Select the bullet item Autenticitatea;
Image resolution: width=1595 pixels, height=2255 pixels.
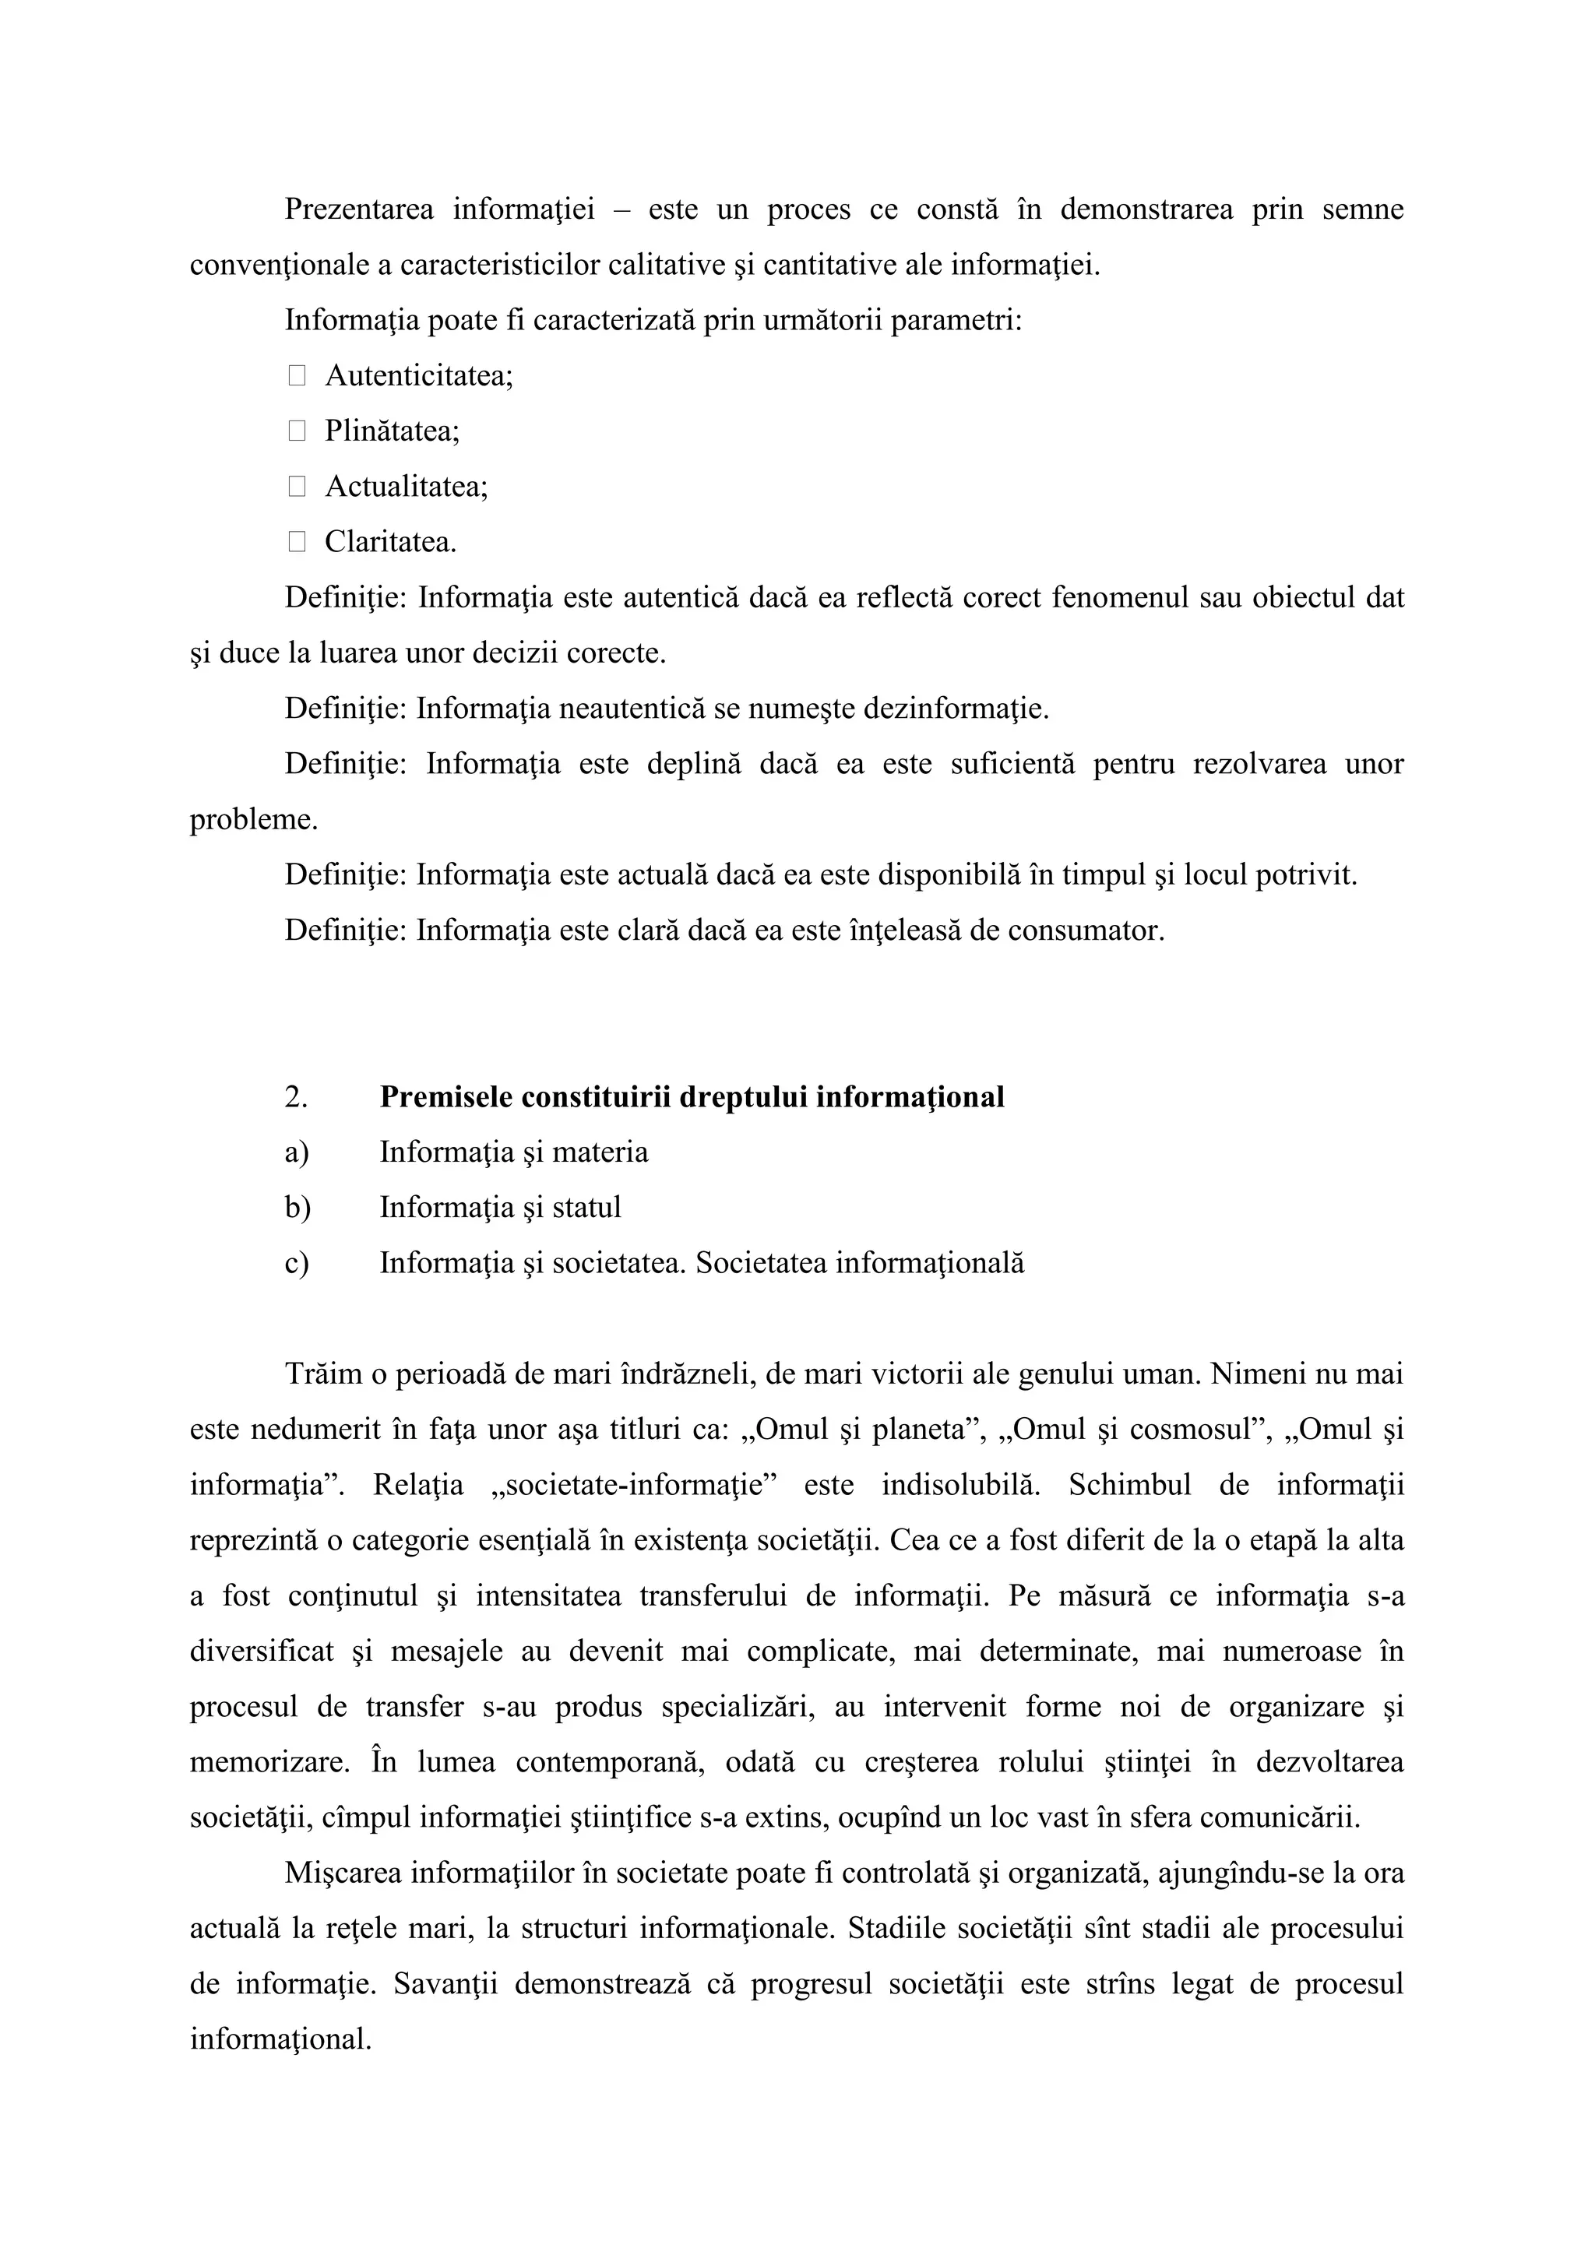419,376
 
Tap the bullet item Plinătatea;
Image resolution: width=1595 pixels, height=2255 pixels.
392,431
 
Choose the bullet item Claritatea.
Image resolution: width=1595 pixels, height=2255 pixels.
390,542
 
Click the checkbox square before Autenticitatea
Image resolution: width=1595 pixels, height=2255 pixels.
297,375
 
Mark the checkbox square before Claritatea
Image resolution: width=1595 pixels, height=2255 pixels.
297,541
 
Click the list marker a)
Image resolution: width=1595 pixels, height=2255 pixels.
297,1152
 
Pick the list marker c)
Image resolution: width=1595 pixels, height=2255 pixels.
297,1263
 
